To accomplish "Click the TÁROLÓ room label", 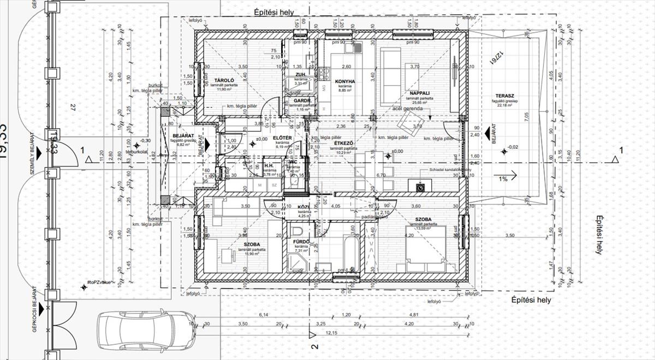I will [x=221, y=80].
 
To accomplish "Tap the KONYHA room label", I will [x=344, y=81].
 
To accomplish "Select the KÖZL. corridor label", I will [x=304, y=207].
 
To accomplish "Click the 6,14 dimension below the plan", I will [x=264, y=315].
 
